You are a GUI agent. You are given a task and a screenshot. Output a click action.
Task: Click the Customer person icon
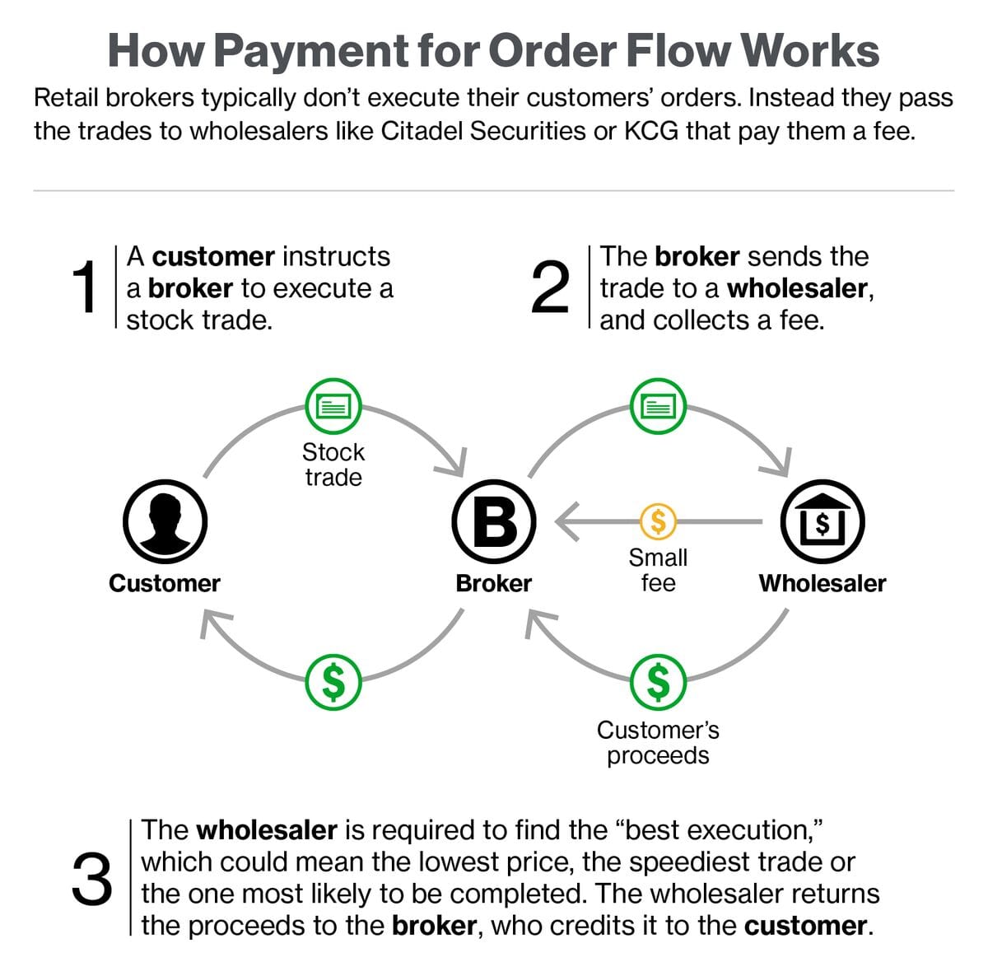click(165, 521)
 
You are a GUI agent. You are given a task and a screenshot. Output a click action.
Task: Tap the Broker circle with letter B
click(494, 521)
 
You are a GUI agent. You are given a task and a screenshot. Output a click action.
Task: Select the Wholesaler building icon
click(823, 521)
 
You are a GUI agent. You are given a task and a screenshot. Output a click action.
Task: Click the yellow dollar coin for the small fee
click(658, 521)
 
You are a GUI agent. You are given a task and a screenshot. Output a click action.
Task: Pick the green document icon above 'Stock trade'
click(333, 406)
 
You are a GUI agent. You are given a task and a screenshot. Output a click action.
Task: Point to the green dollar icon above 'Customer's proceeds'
click(658, 682)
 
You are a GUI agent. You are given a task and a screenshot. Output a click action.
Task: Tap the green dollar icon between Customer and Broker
click(333, 682)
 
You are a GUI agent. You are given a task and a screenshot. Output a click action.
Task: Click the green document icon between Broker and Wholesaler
click(658, 406)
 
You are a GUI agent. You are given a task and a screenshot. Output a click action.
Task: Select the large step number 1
click(85, 287)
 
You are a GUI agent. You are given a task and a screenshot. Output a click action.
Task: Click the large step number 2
click(550, 287)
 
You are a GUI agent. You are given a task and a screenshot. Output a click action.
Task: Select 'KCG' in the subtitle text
click(650, 131)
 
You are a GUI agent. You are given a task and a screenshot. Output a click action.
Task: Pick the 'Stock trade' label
click(333, 465)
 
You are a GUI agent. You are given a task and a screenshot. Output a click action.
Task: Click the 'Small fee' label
click(658, 570)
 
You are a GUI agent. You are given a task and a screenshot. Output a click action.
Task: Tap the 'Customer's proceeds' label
click(658, 743)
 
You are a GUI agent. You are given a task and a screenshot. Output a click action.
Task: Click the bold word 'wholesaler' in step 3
click(267, 830)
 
